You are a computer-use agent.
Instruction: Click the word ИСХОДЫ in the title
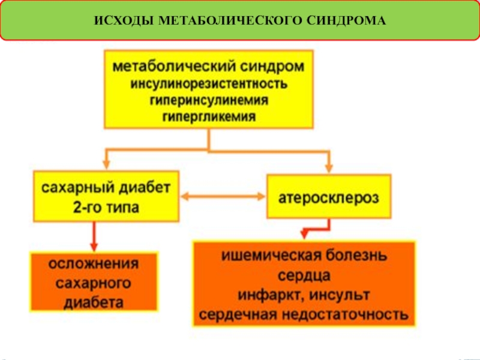point(123,21)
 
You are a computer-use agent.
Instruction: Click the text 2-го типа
point(104,207)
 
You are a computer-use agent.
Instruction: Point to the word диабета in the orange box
point(94,301)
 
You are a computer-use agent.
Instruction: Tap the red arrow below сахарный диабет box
point(94,236)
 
